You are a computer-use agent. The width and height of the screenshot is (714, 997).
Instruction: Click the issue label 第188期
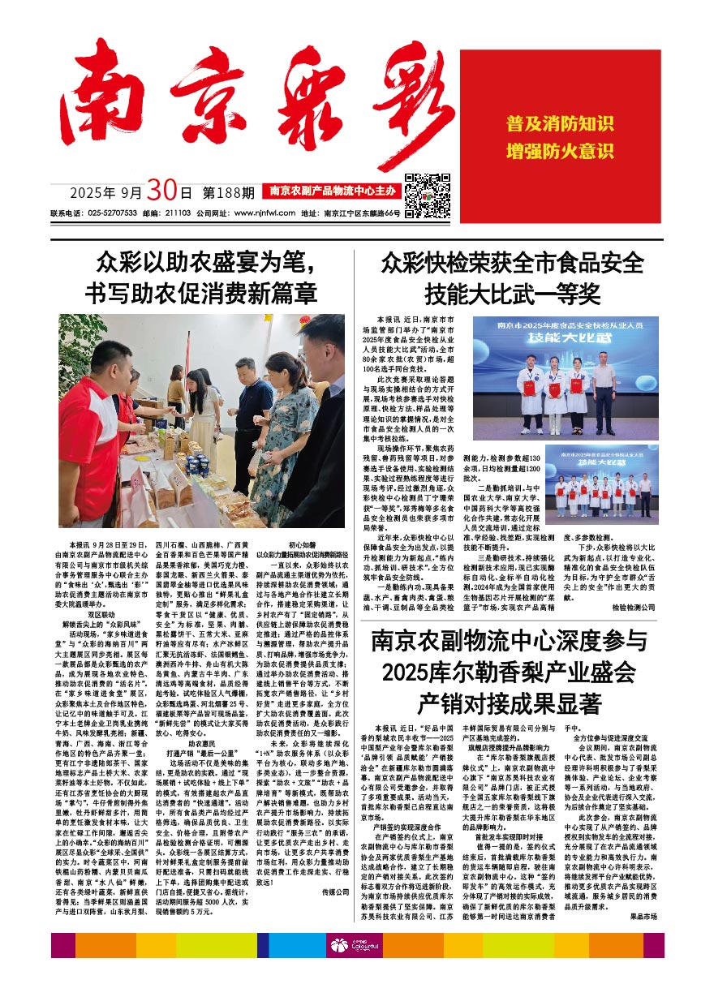pos(228,194)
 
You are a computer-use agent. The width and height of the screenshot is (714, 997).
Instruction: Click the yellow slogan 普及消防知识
pos(560,124)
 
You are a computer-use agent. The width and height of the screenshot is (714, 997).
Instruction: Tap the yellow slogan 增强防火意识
pos(560,152)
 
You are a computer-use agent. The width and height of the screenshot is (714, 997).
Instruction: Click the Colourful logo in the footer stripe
pos(355,946)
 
